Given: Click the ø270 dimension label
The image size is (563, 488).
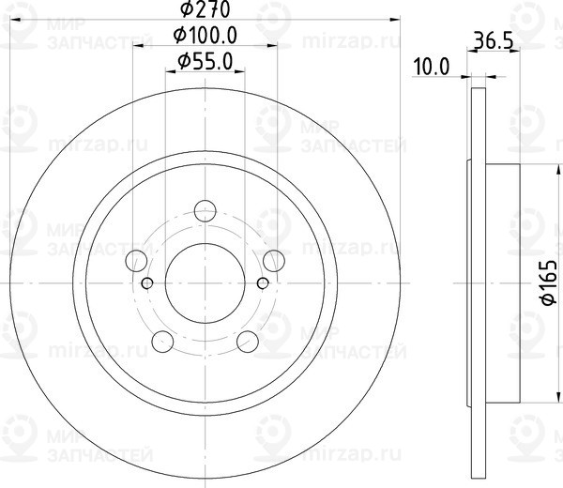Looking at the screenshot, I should (x=205, y=10).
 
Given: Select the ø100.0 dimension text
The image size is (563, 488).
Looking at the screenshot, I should (x=205, y=37).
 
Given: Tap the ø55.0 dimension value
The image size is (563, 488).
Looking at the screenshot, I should (x=205, y=63).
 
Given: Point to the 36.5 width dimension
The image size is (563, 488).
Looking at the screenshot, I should (x=493, y=40).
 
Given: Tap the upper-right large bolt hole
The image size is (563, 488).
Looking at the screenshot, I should (x=273, y=260).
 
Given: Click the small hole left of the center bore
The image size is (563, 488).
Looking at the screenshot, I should (x=146, y=282).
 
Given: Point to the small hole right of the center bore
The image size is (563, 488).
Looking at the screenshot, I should (x=263, y=282).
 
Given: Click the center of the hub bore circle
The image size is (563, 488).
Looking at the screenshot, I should (x=205, y=282).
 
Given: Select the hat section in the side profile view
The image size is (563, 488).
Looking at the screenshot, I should (x=497, y=282).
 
